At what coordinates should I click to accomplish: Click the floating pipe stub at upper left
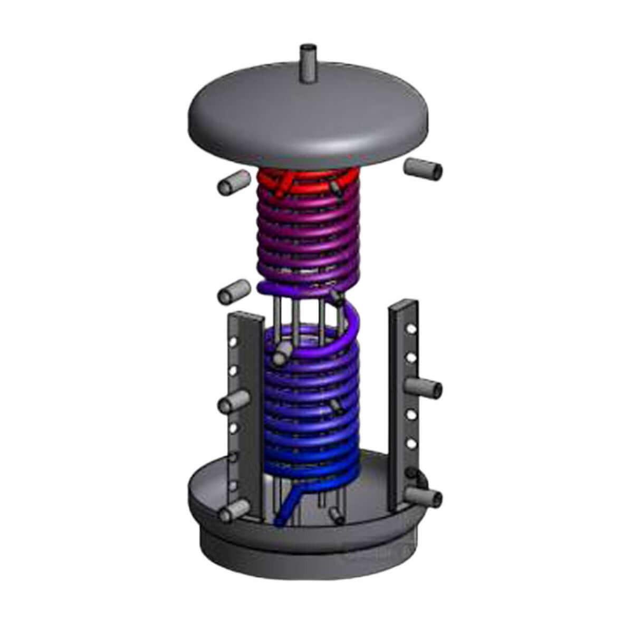[x=232, y=184]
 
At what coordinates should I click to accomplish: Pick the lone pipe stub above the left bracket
[x=234, y=290]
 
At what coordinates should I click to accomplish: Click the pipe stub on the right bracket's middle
[x=425, y=389]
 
